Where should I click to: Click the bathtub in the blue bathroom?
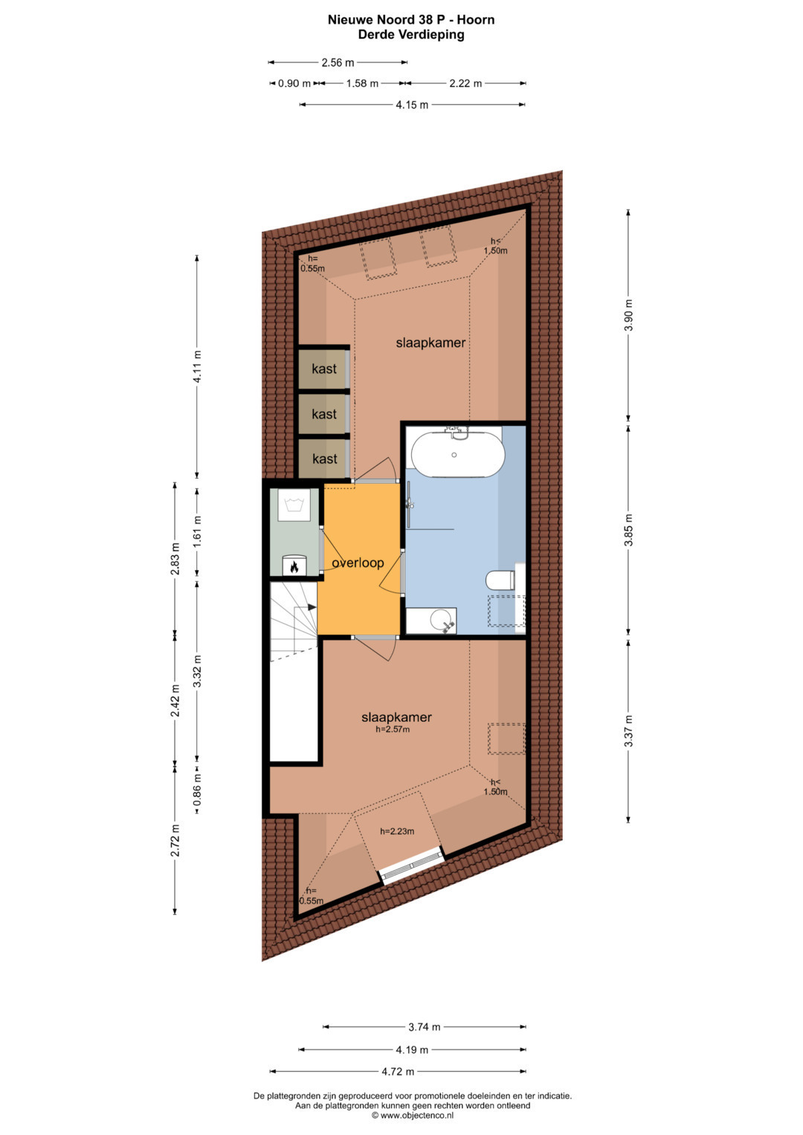pos(458,454)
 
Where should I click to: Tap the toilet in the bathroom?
pos(500,581)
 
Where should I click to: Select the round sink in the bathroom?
pos(441,618)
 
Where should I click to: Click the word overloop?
pos(358,563)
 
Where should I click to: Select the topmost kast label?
pos(324,369)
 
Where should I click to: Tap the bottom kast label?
pos(324,459)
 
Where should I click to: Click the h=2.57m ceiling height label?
pos(393,730)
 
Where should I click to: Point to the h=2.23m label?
pos(397,832)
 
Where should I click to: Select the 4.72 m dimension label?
pos(398,1072)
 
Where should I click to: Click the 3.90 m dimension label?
pos(628,315)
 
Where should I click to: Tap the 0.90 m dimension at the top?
pos(294,83)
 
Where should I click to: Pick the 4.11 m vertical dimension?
pos(197,366)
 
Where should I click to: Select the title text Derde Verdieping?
pos(411,35)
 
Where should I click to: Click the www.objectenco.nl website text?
pos(413,1115)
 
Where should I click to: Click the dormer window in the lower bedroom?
pos(413,866)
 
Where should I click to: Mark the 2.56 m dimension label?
pos(338,63)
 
